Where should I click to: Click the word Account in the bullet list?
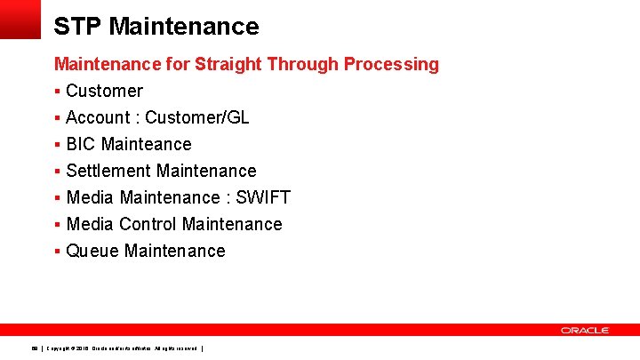click(x=99, y=117)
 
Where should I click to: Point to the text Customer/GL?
click(x=197, y=117)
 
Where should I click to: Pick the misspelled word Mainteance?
click(x=147, y=144)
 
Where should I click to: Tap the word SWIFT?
click(x=263, y=197)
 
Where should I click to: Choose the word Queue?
click(x=92, y=251)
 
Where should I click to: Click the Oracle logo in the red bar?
click(x=584, y=330)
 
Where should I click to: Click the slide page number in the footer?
click(x=34, y=348)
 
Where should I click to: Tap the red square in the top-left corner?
click(x=20, y=19)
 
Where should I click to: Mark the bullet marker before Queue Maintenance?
click(x=57, y=252)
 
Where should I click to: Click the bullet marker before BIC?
click(x=57, y=145)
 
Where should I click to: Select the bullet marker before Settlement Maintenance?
click(x=57, y=172)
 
